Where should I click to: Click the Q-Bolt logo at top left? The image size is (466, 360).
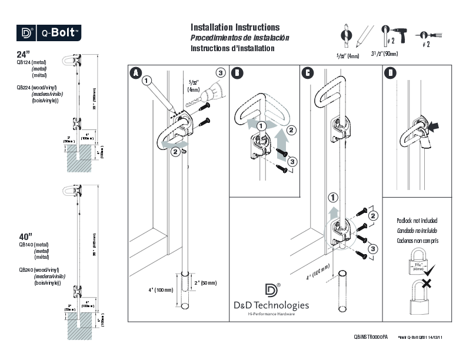(48, 32)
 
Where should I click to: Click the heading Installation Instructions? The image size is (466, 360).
(235, 28)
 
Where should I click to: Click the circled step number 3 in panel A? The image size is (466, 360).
(220, 73)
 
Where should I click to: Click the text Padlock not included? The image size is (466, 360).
(417, 221)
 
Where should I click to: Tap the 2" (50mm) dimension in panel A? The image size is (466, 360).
(205, 283)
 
